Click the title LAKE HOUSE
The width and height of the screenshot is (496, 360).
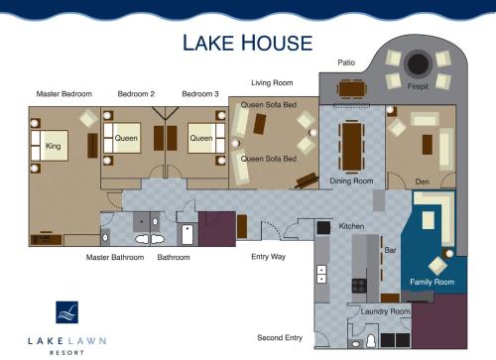pyautogui.click(x=247, y=43)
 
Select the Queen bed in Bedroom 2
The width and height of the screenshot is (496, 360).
pyautogui.click(x=125, y=138)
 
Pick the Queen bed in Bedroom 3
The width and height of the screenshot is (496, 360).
pyautogui.click(x=202, y=138)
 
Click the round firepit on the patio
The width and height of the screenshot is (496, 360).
pyautogui.click(x=418, y=63)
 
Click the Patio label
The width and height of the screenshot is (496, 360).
pyautogui.click(x=346, y=62)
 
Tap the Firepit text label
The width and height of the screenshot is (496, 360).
pyautogui.click(x=418, y=87)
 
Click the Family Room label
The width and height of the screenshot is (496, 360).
pyautogui.click(x=432, y=282)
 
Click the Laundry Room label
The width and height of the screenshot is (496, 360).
pyautogui.click(x=385, y=311)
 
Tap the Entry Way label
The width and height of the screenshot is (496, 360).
pyautogui.click(x=267, y=257)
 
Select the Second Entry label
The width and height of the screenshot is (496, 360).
pyautogui.click(x=279, y=337)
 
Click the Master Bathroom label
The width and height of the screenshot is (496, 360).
pyautogui.click(x=115, y=257)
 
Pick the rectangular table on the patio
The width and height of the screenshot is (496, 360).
pyautogui.click(x=353, y=88)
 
